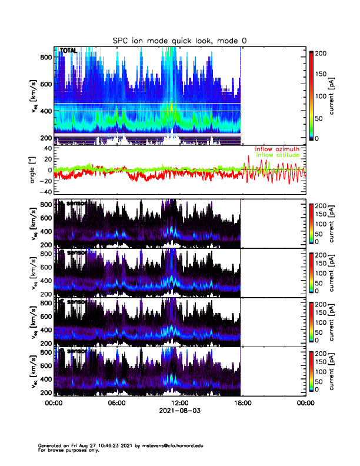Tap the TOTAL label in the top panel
pyautogui.click(x=69, y=51)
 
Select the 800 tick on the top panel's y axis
pyautogui.click(x=45, y=56)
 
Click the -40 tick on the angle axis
pyautogui.click(x=44, y=192)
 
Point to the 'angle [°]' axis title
pyautogui.click(x=34, y=170)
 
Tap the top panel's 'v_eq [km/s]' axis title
pyautogui.click(x=34, y=95)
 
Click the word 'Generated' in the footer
pyautogui.click(x=50, y=446)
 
